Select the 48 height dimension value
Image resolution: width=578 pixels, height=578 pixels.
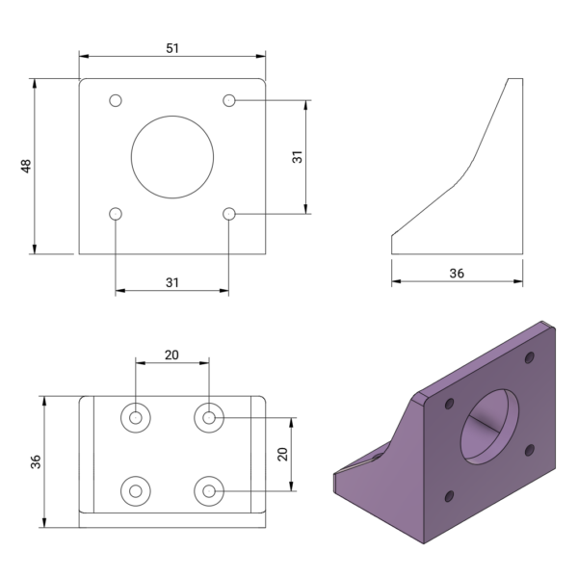coord(26,167)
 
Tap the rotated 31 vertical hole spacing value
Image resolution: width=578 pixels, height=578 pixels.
coord(298,156)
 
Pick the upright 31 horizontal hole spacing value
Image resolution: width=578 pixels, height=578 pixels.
coord(172,281)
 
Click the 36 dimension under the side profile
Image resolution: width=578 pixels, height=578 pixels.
coord(457,274)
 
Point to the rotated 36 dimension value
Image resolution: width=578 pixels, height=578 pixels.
coord(36,461)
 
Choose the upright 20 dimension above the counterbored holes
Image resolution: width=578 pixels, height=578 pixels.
coord(171,355)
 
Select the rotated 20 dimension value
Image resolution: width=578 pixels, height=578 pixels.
coord(282,455)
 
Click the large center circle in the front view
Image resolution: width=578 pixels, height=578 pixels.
coord(172,156)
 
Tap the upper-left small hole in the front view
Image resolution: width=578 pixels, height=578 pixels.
coord(116,100)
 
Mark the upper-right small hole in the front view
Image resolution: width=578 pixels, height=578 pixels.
coord(229,100)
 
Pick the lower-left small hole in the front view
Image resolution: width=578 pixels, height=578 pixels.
coord(116,213)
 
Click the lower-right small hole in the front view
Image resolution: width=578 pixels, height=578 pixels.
coord(229,213)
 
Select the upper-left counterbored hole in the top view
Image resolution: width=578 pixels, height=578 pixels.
coord(136,417)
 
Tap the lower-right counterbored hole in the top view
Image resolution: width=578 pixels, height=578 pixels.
coord(208,490)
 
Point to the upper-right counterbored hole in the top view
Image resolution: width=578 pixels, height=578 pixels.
coord(208,417)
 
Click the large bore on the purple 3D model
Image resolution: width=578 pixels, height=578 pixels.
coord(491,424)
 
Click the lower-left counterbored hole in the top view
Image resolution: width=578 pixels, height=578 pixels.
coord(136,490)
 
